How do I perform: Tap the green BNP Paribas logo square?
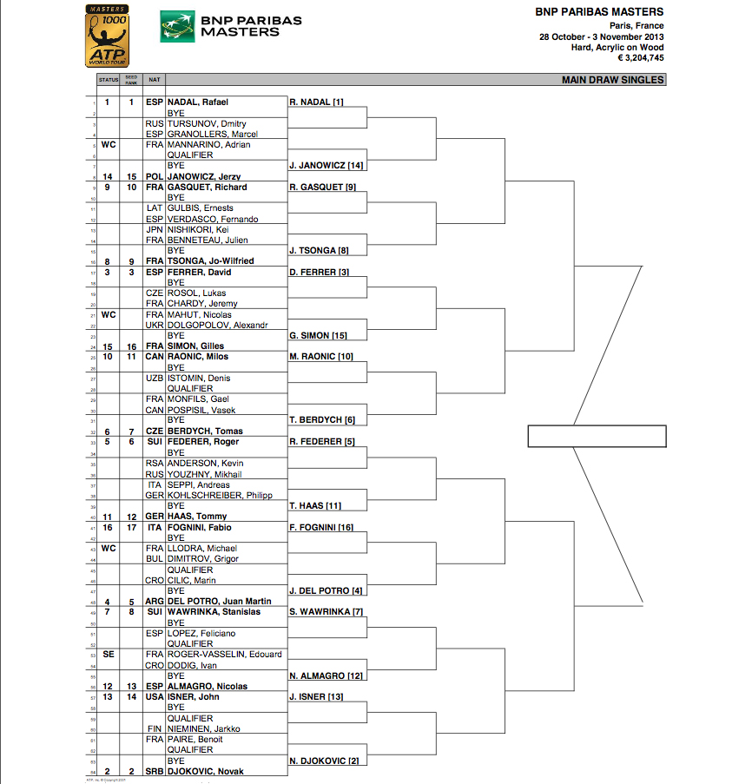click(x=176, y=27)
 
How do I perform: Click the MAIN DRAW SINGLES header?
click(x=613, y=80)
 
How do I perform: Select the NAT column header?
click(x=155, y=80)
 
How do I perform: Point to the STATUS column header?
click(x=109, y=80)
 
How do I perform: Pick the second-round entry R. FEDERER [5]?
click(x=321, y=442)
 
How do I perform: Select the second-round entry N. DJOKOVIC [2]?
click(x=324, y=761)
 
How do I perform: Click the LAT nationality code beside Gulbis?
click(x=155, y=208)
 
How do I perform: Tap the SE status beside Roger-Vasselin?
click(x=109, y=655)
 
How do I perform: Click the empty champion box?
click(x=597, y=436)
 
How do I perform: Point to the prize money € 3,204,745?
click(x=640, y=58)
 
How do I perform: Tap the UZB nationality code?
click(x=155, y=379)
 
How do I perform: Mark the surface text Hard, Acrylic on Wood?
click(x=617, y=47)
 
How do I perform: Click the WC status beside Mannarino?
click(x=109, y=144)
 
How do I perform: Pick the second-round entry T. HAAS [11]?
click(x=315, y=506)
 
